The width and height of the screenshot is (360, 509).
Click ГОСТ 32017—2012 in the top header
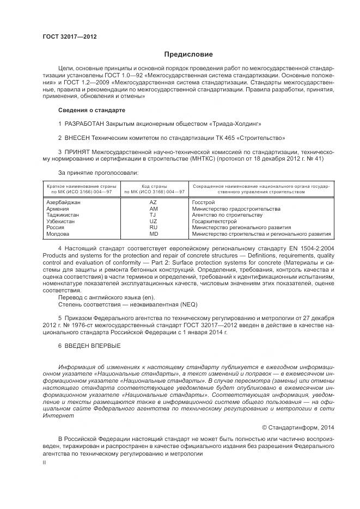coord(69,36)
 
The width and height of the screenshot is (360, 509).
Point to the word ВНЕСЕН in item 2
coord(77,138)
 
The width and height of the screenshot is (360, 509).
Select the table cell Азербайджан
coord(64,202)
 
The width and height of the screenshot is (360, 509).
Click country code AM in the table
coord(153,208)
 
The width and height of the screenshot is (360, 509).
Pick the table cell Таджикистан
coord(63,215)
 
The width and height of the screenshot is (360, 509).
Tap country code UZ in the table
coord(153,222)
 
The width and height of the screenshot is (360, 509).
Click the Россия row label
coord(56,228)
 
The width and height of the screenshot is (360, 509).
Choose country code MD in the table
coord(153,234)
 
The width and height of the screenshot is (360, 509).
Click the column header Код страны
coord(154,186)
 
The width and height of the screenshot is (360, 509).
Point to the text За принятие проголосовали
coord(91,173)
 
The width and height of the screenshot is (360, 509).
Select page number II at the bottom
coord(45,462)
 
